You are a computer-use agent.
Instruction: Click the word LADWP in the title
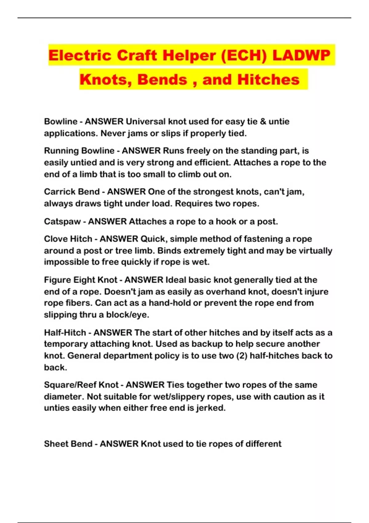point(301,55)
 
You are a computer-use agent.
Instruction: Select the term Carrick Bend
point(72,192)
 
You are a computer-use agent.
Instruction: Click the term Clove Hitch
point(68,239)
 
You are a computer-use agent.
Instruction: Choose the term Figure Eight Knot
point(81,280)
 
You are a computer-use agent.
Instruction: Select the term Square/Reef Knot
point(81,385)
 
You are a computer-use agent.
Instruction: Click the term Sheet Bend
point(68,444)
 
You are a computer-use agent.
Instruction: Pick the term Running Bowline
point(79,151)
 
